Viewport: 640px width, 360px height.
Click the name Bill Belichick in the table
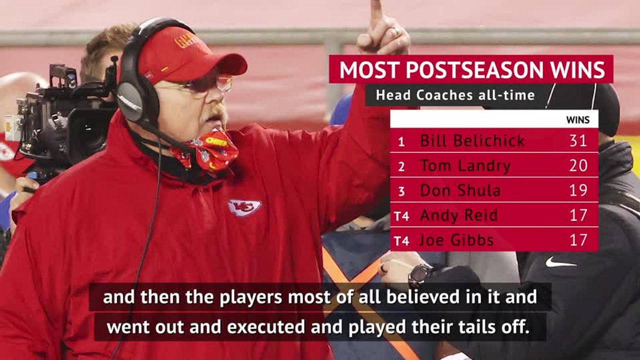pyautogui.click(x=472, y=140)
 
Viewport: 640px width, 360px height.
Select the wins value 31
pyautogui.click(x=578, y=140)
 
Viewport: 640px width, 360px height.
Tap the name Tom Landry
pyautogui.click(x=465, y=165)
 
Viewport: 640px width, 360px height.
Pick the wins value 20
pyautogui.click(x=578, y=165)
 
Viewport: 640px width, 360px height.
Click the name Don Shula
pyautogui.click(x=460, y=190)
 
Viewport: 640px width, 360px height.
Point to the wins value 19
pyautogui.click(x=578, y=190)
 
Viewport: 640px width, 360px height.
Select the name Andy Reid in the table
pyautogui.click(x=458, y=215)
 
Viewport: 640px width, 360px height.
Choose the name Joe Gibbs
pyautogui.click(x=456, y=240)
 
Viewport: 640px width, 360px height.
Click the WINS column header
pyautogui.click(x=577, y=120)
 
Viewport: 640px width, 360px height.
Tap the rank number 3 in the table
pyautogui.click(x=401, y=191)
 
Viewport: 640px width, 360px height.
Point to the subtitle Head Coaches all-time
pyautogui.click(x=455, y=95)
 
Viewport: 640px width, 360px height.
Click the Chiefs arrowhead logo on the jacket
pyautogui.click(x=244, y=207)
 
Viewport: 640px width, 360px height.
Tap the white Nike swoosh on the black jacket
pyautogui.click(x=560, y=262)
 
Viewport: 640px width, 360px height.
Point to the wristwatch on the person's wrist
pyautogui.click(x=419, y=274)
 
